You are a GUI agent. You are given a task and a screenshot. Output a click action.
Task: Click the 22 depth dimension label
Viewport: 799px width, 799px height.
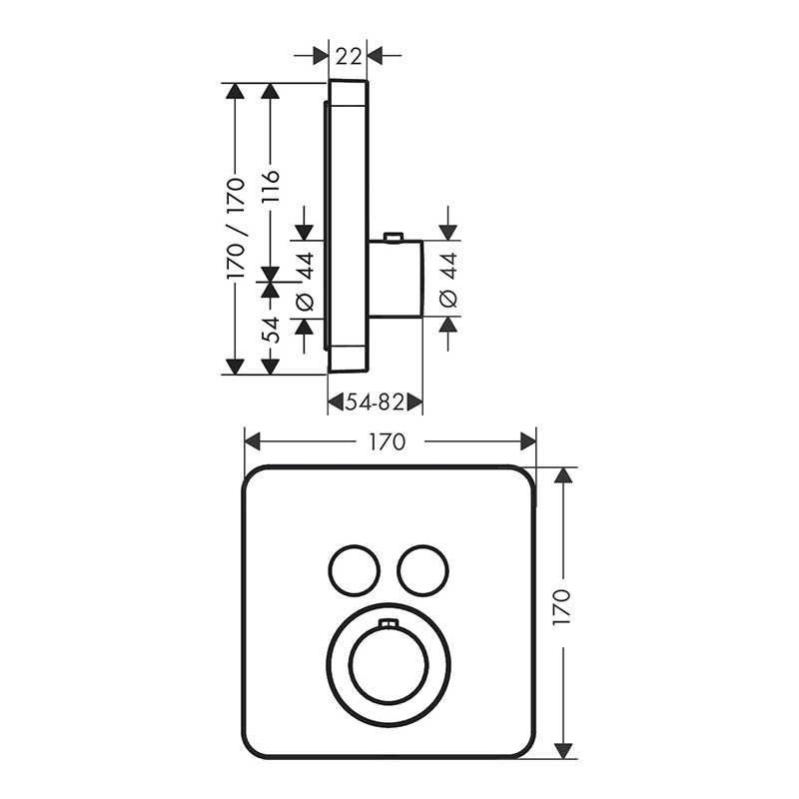click(349, 56)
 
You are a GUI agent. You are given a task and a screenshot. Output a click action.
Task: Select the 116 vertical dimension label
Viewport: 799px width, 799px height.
click(271, 187)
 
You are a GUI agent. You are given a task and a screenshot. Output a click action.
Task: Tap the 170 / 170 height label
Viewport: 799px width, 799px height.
click(236, 228)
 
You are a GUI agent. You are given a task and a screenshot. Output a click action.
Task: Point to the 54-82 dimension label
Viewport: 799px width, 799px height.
click(375, 402)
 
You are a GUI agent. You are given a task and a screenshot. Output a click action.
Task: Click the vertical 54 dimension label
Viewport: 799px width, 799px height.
click(271, 331)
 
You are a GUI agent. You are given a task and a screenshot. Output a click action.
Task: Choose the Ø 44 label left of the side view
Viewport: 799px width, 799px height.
click(305, 282)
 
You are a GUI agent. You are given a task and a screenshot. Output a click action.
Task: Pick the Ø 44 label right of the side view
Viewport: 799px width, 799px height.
click(448, 281)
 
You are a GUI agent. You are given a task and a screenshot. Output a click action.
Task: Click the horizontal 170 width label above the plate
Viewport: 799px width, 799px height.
click(388, 441)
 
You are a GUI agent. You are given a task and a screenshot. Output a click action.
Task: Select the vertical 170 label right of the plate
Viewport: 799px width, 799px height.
click(562, 607)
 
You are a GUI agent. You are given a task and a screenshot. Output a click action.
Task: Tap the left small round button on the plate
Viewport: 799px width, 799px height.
click(355, 569)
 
